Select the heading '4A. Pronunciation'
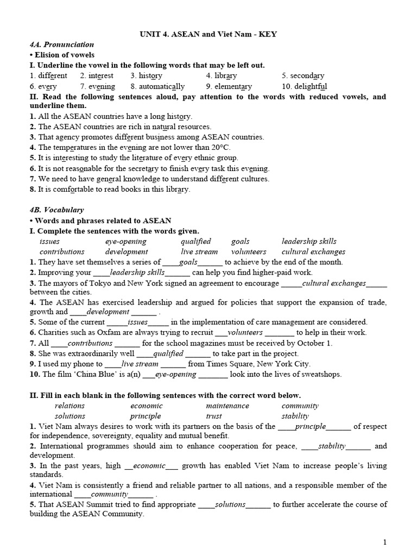point(62,45)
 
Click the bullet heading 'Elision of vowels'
point(65,55)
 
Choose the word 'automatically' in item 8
point(161,86)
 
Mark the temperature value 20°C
point(218,148)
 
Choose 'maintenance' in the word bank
point(228,406)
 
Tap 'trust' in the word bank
point(214,416)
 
